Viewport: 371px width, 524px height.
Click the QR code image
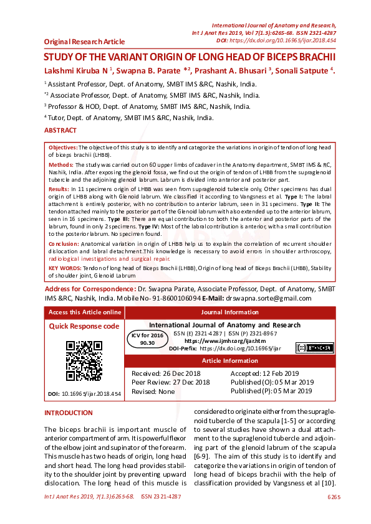[84, 361]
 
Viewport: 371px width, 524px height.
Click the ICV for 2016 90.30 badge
[148, 339]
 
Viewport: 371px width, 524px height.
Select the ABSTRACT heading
[60, 131]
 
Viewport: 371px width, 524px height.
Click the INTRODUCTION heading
[69, 413]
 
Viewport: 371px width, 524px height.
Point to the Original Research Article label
[84, 42]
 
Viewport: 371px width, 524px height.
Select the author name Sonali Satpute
[302, 70]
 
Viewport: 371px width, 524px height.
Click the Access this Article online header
[85, 312]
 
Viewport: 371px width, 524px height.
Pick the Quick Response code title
[84, 326]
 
